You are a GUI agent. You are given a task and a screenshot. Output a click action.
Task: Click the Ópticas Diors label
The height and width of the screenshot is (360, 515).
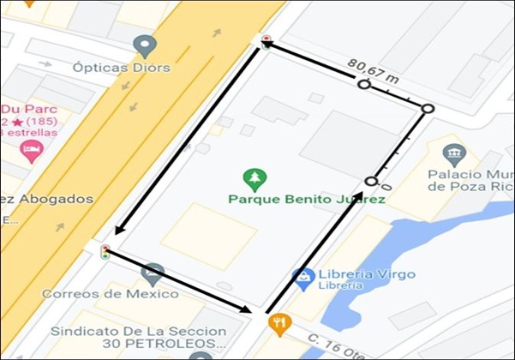tap(122, 67)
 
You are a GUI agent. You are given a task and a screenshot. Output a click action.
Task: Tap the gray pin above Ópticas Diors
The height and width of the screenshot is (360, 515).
tap(145, 45)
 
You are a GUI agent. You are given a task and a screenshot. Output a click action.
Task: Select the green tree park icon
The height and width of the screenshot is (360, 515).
tap(255, 179)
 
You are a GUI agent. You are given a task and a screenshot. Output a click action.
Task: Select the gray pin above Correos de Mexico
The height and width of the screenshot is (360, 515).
tap(153, 273)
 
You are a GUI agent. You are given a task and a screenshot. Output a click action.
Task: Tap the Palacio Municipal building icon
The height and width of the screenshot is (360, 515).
tap(454, 155)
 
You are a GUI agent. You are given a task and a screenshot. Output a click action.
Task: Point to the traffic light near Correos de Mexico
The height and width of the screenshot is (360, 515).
tap(105, 252)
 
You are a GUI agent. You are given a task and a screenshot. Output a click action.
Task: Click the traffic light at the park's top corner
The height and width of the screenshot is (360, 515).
tap(266, 39)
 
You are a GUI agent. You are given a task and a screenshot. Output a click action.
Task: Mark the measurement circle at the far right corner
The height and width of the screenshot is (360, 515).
tap(428, 109)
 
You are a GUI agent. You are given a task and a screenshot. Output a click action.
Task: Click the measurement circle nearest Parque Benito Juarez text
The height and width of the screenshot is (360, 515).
tap(371, 181)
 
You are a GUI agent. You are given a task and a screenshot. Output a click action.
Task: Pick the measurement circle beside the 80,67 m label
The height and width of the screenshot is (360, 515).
tap(363, 84)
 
